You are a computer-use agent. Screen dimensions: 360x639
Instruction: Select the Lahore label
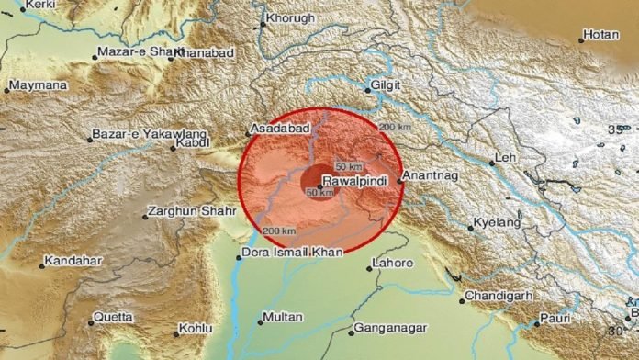click(383, 264)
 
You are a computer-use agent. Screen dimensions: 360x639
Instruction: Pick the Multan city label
click(282, 317)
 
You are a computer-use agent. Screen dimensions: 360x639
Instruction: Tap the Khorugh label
click(289, 18)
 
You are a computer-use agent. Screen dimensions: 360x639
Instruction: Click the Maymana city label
click(39, 87)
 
